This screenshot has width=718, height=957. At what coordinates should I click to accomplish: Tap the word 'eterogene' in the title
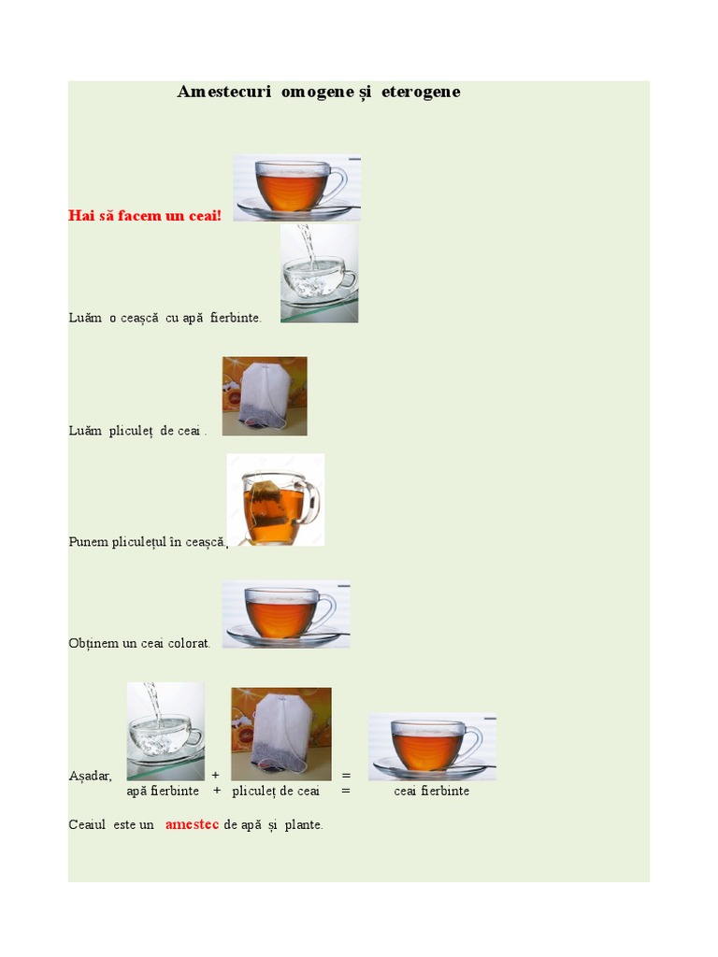pos(421,93)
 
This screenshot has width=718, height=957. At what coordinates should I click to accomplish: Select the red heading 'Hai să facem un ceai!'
pos(145,216)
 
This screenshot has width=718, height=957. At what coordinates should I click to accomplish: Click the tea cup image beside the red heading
pos(296,187)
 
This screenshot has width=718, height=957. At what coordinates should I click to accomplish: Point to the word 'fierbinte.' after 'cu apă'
pos(236,318)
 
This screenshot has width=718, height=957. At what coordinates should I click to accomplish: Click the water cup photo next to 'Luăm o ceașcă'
pos(320,273)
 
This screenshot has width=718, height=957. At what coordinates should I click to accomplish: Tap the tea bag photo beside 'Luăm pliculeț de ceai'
pos(265,396)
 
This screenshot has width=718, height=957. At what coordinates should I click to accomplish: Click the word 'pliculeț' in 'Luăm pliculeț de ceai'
pos(131,431)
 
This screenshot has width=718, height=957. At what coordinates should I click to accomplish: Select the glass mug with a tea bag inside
pos(276,500)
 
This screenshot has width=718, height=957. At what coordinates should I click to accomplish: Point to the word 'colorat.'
pos(189,643)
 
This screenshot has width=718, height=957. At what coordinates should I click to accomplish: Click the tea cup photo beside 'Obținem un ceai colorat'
pos(286,614)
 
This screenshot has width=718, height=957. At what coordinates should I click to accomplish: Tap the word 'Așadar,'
pos(91,776)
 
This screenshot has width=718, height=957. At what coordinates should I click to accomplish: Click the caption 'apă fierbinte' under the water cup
pos(163,791)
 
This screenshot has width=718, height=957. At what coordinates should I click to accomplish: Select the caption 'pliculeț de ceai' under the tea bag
pos(276,791)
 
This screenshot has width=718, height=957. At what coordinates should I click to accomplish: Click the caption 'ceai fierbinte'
pos(432,791)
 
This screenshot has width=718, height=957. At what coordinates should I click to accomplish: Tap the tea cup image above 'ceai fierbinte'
pos(432,747)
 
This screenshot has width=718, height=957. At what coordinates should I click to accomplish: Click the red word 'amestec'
pos(192,824)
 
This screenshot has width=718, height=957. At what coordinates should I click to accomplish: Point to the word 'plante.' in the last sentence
pos(304,824)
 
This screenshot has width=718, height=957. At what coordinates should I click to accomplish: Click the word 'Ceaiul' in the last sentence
pos(87,824)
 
